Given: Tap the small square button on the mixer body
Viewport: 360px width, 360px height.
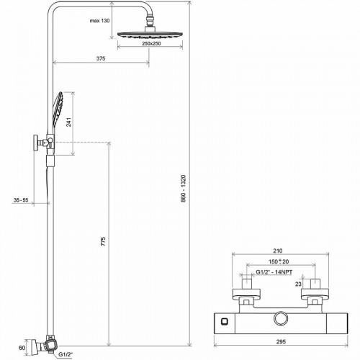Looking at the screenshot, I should coord(225,321).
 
